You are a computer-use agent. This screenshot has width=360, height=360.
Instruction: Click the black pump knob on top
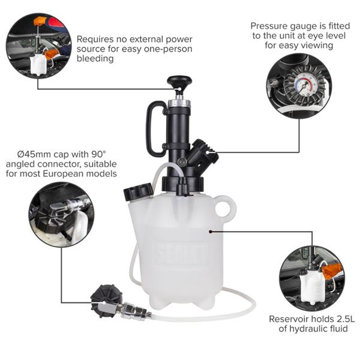point(179,81)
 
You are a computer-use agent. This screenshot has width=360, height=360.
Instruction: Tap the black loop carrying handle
point(149,128)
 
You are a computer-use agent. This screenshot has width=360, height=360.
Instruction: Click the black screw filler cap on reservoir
point(139,191)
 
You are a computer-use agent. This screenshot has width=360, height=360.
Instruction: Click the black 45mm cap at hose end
point(106,300)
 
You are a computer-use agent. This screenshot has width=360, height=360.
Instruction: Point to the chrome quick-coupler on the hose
point(133,310)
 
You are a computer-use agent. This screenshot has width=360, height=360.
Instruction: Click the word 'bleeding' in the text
point(95,59)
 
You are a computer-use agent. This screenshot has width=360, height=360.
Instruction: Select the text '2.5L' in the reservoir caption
point(346,319)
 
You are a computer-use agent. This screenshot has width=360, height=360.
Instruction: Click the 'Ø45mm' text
point(34,154)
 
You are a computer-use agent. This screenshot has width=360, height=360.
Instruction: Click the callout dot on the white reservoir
point(211,232)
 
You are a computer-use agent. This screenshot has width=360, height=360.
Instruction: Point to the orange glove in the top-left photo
point(40,21)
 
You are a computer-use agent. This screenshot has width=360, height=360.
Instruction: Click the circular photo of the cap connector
point(62,214)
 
